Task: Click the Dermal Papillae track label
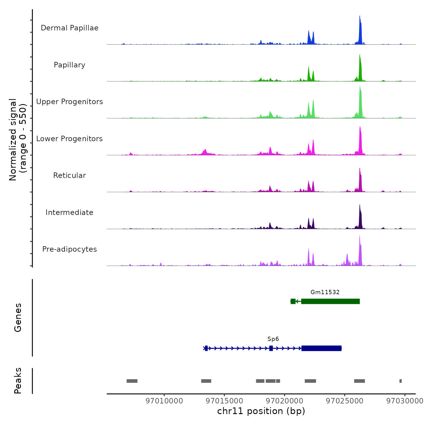[x=70, y=28]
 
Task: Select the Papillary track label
[x=70, y=65]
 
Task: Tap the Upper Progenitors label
[x=70, y=102]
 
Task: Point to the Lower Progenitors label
[x=70, y=139]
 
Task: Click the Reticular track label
[x=70, y=175]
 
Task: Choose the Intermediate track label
[x=70, y=212]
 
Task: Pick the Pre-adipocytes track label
[x=70, y=249]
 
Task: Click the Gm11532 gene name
[x=325, y=292]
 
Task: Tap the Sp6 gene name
[x=273, y=339]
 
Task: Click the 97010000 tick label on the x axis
[x=164, y=401]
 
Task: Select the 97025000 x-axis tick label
[x=345, y=401]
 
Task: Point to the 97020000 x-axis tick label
[x=284, y=401]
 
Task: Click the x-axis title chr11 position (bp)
[x=261, y=411]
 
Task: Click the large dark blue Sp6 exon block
[x=321, y=348]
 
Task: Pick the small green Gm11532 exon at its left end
[x=293, y=301]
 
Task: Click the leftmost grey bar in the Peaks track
[x=132, y=381]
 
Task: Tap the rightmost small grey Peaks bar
[x=400, y=381]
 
